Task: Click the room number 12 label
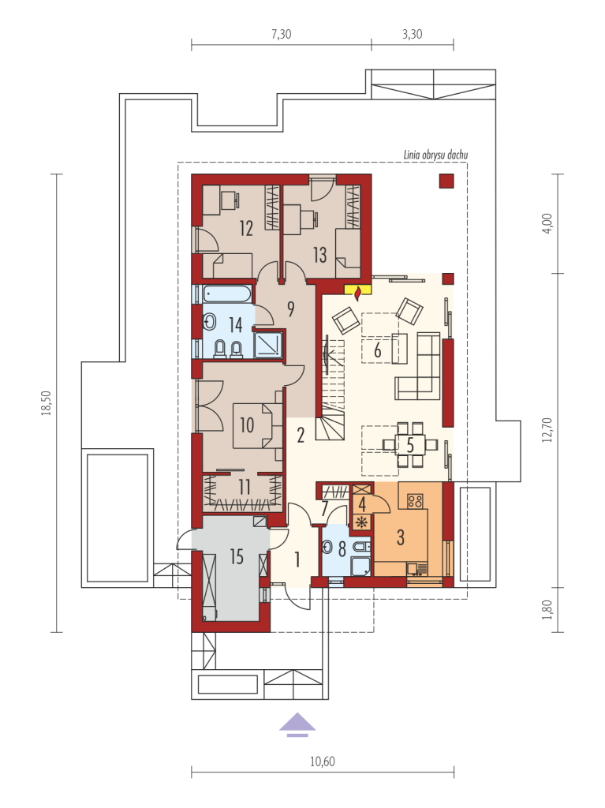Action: [246, 228]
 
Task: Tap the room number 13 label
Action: [319, 255]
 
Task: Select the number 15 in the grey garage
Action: [236, 556]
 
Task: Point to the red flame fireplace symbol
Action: [357, 292]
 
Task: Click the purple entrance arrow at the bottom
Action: [297, 724]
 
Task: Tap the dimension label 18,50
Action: [48, 402]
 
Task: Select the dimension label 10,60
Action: [323, 761]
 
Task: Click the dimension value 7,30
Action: [282, 34]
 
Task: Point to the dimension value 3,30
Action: [413, 34]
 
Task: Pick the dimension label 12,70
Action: [547, 430]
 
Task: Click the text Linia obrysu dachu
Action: [436, 155]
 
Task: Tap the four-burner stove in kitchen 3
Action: [416, 501]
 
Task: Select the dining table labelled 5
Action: [410, 444]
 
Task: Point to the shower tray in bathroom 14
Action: [268, 342]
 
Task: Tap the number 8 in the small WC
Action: [342, 549]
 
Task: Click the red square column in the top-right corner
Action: [446, 181]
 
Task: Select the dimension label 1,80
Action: [547, 610]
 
